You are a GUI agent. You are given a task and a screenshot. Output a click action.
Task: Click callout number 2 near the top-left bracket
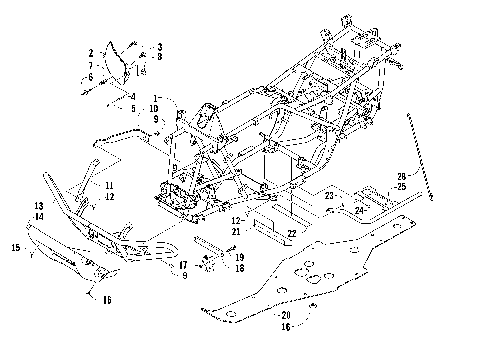91,51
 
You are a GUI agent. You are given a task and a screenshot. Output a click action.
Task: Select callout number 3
158,47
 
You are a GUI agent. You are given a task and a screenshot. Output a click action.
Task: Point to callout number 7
91,64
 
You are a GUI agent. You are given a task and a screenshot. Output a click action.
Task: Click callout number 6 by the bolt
90,76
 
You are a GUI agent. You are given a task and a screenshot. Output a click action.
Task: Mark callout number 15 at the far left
15,246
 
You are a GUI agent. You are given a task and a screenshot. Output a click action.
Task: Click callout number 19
240,257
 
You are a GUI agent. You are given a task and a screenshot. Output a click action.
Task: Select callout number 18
240,268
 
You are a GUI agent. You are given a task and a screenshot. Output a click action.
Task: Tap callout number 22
292,233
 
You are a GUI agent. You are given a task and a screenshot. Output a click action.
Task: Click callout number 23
328,196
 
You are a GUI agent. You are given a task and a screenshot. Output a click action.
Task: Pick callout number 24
358,210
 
